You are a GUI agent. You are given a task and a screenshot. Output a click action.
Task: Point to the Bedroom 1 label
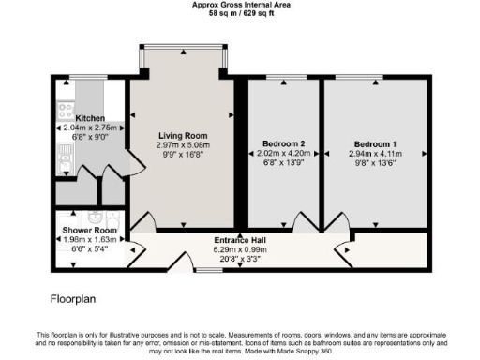(x=374, y=145)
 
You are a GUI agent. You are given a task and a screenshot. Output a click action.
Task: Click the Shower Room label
(x=90, y=230)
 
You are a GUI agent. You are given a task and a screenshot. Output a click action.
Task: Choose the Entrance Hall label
(x=238, y=240)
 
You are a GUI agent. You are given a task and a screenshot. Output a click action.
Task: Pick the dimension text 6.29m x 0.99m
(x=238, y=249)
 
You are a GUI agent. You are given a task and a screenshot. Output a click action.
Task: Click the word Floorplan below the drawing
(x=74, y=299)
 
